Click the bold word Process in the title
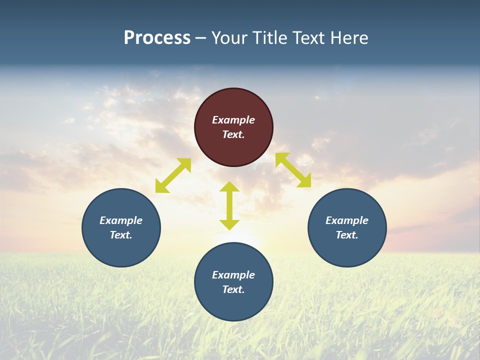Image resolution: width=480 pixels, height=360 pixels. tap(157, 38)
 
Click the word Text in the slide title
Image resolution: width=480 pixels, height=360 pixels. tap(310, 38)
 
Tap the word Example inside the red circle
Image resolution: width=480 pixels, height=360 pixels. tap(233, 120)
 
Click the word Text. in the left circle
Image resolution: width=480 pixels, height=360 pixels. tap(121, 235)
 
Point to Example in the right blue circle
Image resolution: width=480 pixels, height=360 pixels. tap(347, 220)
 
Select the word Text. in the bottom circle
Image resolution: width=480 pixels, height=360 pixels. tap(233, 289)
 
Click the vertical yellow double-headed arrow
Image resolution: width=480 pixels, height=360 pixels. tap(229, 205)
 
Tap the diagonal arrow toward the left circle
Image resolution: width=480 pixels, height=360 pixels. tap(173, 175)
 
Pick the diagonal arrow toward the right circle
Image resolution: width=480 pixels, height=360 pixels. tap(293, 170)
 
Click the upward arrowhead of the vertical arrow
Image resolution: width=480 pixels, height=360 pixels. tap(229, 186)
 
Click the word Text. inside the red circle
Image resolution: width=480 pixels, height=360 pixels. tap(233, 134)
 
